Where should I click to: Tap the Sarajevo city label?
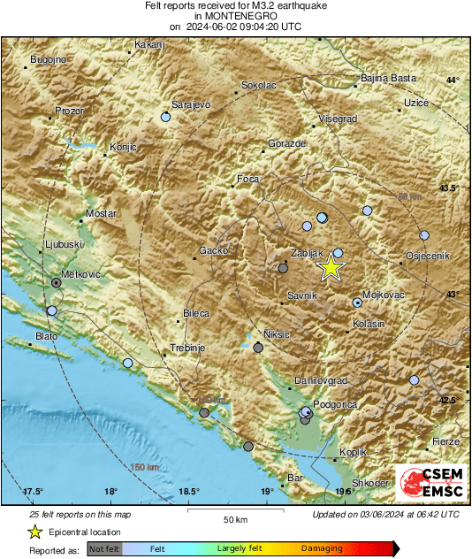point(190,104)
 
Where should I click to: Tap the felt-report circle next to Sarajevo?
point(165,117)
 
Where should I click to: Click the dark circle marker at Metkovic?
point(57,282)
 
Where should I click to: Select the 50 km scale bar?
point(233,511)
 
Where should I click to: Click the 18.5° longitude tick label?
point(188,491)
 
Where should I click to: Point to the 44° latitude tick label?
point(453,80)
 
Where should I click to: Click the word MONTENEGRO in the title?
point(235,16)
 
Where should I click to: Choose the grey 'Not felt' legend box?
point(104,549)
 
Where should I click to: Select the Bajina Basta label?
point(388,79)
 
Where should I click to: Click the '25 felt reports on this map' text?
point(79,514)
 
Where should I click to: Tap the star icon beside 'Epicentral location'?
point(34,532)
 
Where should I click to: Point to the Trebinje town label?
point(187,348)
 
